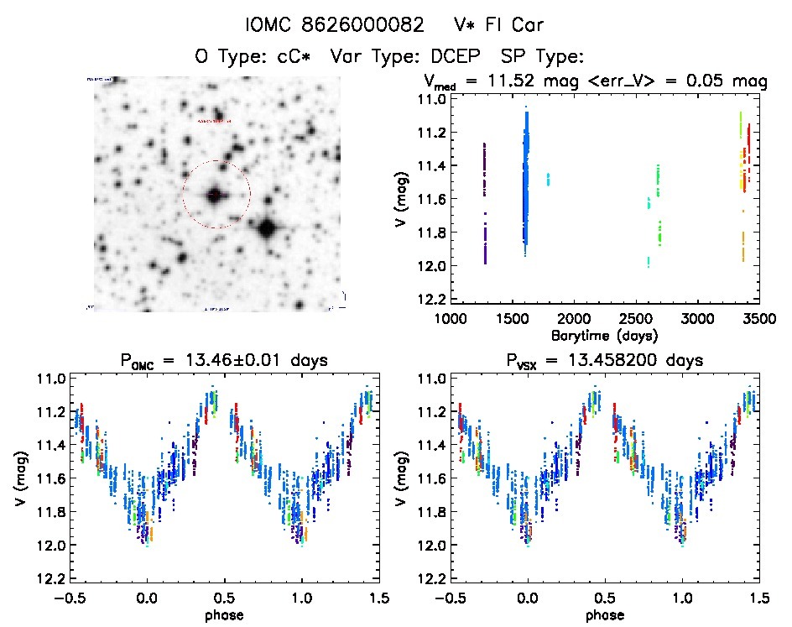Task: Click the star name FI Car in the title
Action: click(x=503, y=24)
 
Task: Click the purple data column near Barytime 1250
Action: click(x=485, y=201)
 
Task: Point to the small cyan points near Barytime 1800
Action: click(x=548, y=179)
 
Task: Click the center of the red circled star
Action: click(x=216, y=195)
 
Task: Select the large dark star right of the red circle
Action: click(x=267, y=227)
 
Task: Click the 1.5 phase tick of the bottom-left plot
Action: click(x=378, y=598)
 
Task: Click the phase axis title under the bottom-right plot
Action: click(x=606, y=614)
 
